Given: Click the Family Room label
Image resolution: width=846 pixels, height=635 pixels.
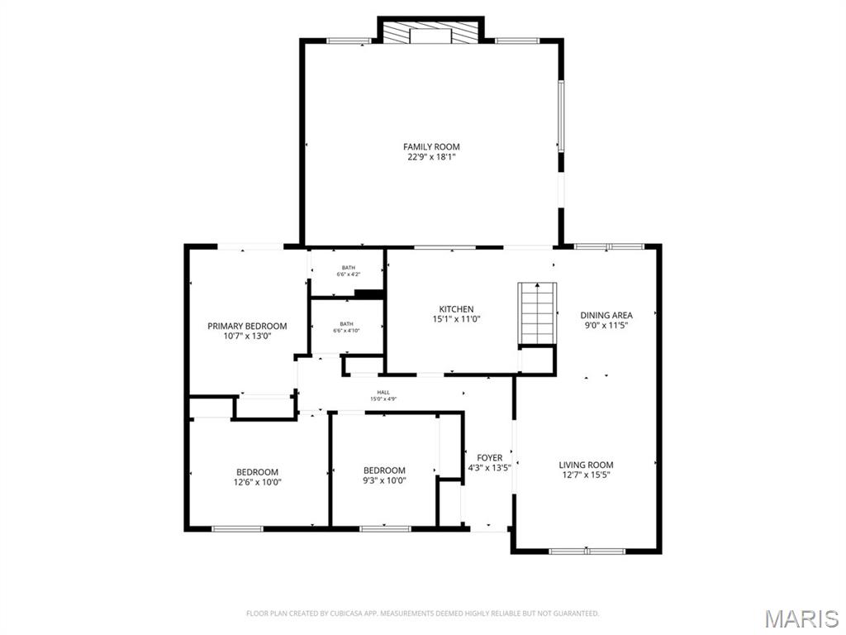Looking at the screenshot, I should (431, 147).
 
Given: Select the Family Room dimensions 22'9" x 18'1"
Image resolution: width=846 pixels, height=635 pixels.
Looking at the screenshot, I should (431, 156).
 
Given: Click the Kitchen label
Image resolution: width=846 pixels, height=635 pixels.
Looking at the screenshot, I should (456, 309).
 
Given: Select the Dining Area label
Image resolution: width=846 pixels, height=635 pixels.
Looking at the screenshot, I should (606, 315).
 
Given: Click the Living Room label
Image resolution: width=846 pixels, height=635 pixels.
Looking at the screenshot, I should (586, 465).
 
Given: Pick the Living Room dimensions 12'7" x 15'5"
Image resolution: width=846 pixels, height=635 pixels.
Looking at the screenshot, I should (586, 475).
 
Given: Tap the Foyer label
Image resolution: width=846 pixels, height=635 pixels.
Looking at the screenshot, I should (489, 457).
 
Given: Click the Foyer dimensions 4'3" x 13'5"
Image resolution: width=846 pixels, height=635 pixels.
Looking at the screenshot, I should (489, 467).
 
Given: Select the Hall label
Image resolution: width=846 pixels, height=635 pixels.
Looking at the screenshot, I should (383, 393).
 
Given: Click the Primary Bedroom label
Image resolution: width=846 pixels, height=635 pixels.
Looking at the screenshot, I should (247, 326).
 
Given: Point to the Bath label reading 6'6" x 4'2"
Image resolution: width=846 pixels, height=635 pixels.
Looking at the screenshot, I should (346, 274).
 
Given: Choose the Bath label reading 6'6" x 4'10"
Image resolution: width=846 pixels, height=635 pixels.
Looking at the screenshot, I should (346, 331).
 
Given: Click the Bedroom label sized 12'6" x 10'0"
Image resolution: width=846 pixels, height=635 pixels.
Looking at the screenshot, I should (257, 472).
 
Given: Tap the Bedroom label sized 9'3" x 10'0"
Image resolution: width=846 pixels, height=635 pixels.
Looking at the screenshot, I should (384, 470).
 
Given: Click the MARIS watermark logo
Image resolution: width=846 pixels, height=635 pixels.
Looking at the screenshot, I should (801, 618).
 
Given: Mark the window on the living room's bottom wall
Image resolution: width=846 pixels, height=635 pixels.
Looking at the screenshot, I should (587, 551).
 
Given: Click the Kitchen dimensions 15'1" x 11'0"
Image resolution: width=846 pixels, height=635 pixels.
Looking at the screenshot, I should (456, 319).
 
